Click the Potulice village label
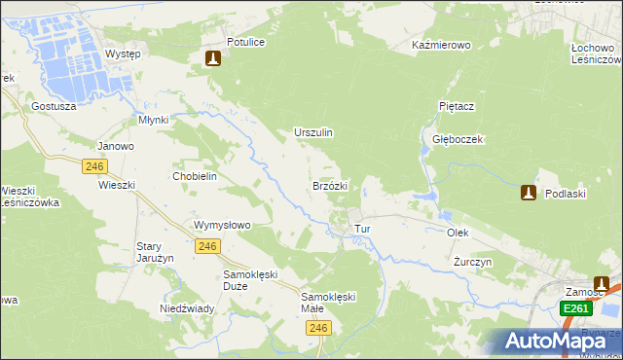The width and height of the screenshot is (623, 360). (245, 43)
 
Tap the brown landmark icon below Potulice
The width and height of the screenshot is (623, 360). (213, 59)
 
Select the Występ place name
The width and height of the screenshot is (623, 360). (123, 54)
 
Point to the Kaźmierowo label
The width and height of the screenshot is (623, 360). (441, 46)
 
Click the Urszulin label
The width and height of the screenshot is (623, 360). (313, 132)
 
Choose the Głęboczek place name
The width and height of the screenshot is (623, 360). (458, 139)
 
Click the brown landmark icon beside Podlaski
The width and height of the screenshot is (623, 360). (529, 193)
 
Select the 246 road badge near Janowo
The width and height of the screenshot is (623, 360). (94, 166)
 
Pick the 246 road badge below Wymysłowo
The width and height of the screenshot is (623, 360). (205, 247)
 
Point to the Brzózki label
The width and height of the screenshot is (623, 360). (330, 185)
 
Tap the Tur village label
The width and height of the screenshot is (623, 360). (363, 230)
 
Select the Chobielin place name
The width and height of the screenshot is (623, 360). (194, 176)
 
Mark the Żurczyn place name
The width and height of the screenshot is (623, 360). (473, 263)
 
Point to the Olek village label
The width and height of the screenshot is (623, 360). (458, 234)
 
